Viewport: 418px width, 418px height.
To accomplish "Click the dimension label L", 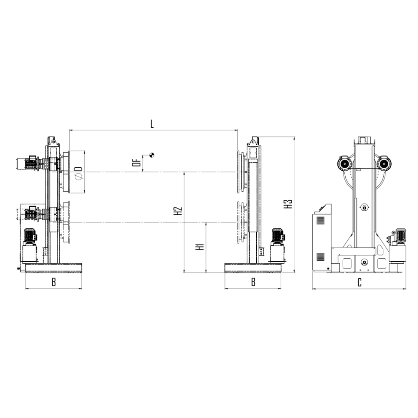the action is click(152, 124).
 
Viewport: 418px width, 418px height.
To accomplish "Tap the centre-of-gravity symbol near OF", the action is click(152, 155).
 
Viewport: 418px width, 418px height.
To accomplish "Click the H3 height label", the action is click(288, 204).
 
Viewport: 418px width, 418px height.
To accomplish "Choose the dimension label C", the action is click(359, 282).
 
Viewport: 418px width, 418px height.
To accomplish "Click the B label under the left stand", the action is click(54, 282).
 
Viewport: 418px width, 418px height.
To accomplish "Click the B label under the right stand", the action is click(253, 282).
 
